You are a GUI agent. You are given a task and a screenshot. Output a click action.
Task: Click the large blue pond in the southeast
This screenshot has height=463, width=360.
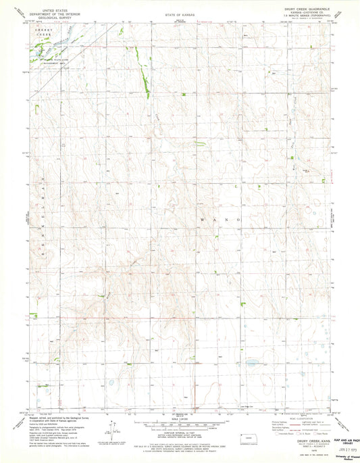coord(251,363)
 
